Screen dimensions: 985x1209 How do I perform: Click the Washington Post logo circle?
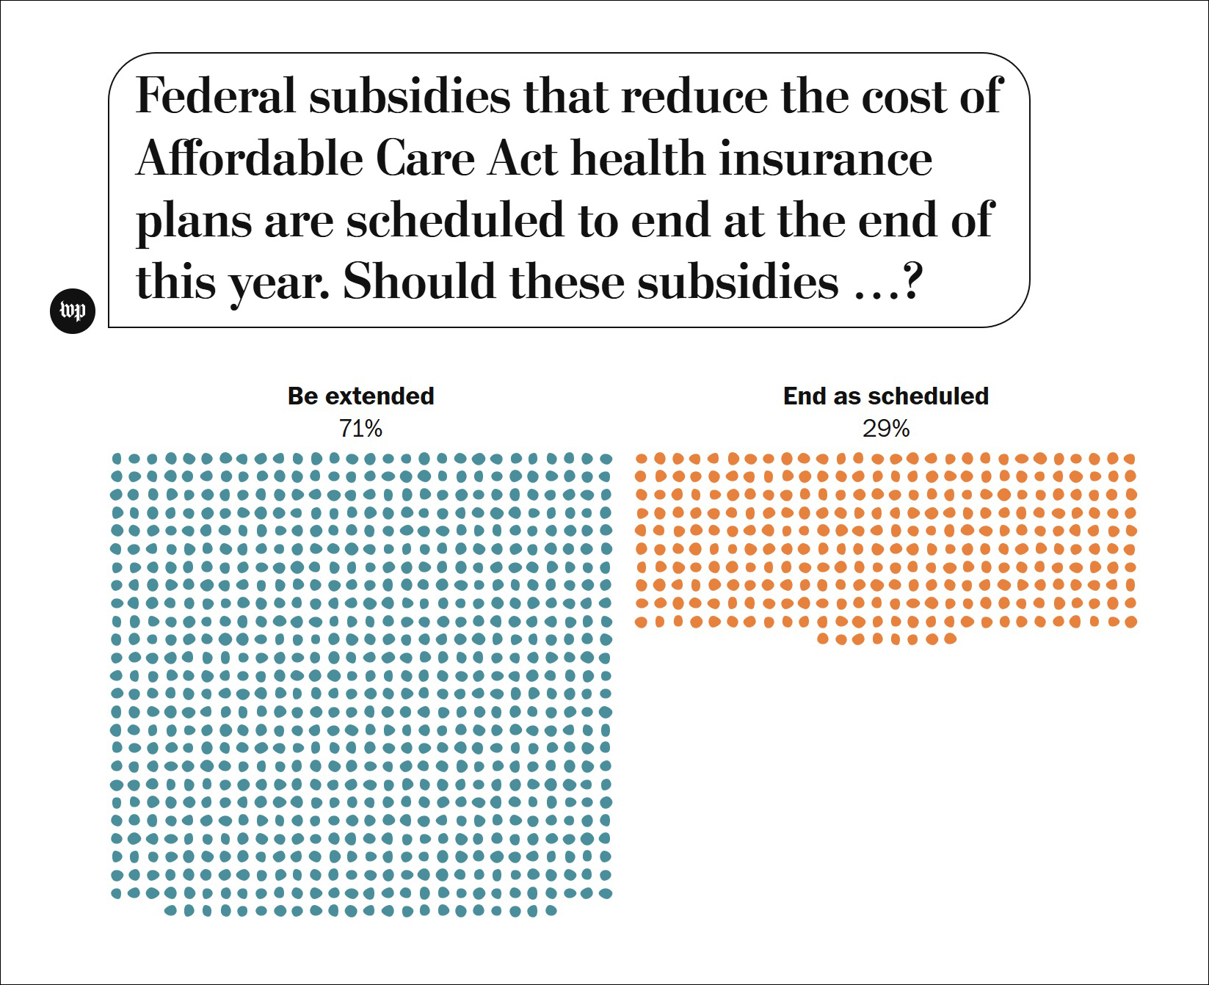[x=73, y=311]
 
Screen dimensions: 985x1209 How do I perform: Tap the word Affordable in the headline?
[x=250, y=159]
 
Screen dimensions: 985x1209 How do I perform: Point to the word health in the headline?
[x=638, y=159]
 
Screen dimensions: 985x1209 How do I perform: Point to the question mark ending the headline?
[x=912, y=282]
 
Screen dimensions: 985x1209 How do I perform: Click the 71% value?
[x=360, y=429]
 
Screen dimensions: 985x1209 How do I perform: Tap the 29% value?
[x=886, y=429]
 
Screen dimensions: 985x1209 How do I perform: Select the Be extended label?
[x=360, y=396]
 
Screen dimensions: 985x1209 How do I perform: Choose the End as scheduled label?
[x=886, y=396]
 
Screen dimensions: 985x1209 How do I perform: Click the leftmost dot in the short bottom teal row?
[x=170, y=911]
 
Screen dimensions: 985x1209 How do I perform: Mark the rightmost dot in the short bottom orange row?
[x=950, y=639]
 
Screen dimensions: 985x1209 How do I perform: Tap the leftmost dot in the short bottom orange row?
[x=823, y=639]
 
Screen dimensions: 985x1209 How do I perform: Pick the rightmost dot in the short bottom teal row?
[x=551, y=911]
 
